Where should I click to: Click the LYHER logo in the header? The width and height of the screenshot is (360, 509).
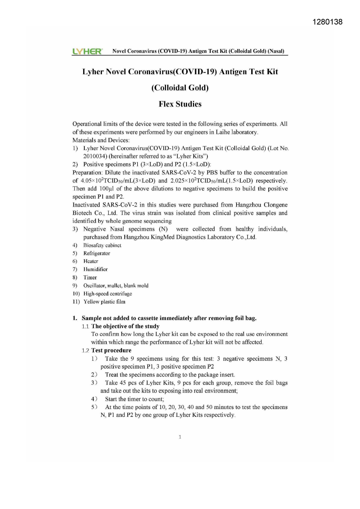coord(87,52)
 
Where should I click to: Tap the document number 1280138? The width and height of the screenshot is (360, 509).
coord(328,22)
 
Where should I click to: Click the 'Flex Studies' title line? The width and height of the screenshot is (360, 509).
coord(180,104)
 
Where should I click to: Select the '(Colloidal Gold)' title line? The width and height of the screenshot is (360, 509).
coord(180,88)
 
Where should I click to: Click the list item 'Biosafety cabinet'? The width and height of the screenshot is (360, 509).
coord(102,245)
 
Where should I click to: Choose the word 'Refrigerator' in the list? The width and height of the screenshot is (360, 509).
coord(97,253)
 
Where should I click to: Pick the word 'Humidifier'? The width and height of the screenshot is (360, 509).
coord(95,269)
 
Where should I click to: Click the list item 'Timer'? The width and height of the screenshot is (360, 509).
coord(90,277)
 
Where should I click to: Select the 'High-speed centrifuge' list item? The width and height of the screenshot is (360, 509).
coord(108,294)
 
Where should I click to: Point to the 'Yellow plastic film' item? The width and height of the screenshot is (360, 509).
coord(104,302)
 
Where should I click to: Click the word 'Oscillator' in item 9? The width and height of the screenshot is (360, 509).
coord(94,286)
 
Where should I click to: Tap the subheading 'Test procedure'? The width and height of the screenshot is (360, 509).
coord(111,351)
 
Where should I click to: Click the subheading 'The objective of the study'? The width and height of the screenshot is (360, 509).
coord(125,326)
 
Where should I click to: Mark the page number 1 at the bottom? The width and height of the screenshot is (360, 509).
coord(180,437)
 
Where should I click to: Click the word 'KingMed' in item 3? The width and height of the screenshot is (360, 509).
coord(162,237)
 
